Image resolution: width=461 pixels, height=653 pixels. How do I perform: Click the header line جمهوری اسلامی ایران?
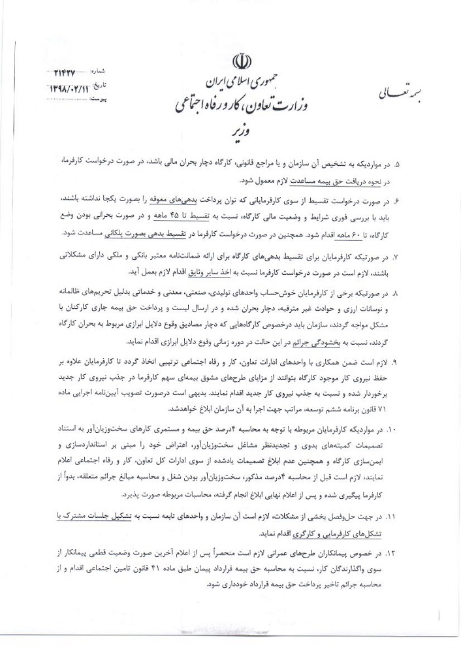coord(243,83)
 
